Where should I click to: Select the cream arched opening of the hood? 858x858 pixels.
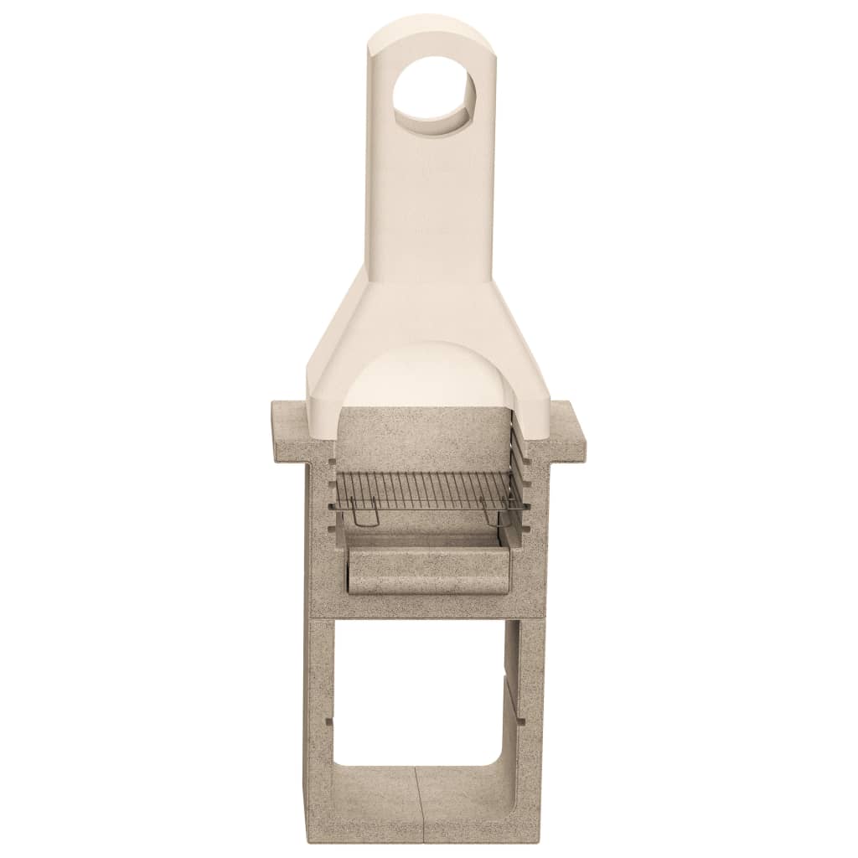(427, 377)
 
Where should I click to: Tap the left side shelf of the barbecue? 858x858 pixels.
(289, 423)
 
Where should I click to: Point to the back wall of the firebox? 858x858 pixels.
(427, 440)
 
